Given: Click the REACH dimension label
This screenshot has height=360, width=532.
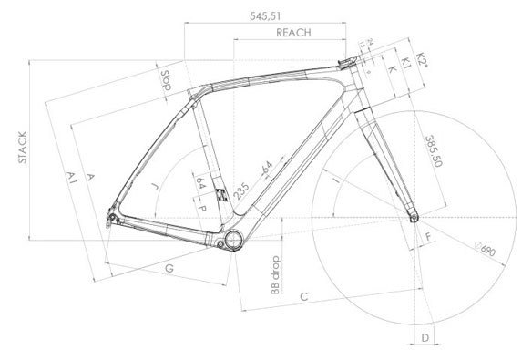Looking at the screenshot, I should [292, 32].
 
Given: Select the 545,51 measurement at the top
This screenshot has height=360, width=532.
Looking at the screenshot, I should [267, 15].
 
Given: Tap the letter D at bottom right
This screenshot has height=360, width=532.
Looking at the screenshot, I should [425, 337].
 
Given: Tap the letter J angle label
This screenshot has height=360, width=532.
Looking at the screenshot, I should [157, 186].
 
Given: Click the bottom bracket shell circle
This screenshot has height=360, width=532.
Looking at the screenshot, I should [232, 238].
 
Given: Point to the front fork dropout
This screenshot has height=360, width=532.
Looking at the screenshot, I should [414, 217].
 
